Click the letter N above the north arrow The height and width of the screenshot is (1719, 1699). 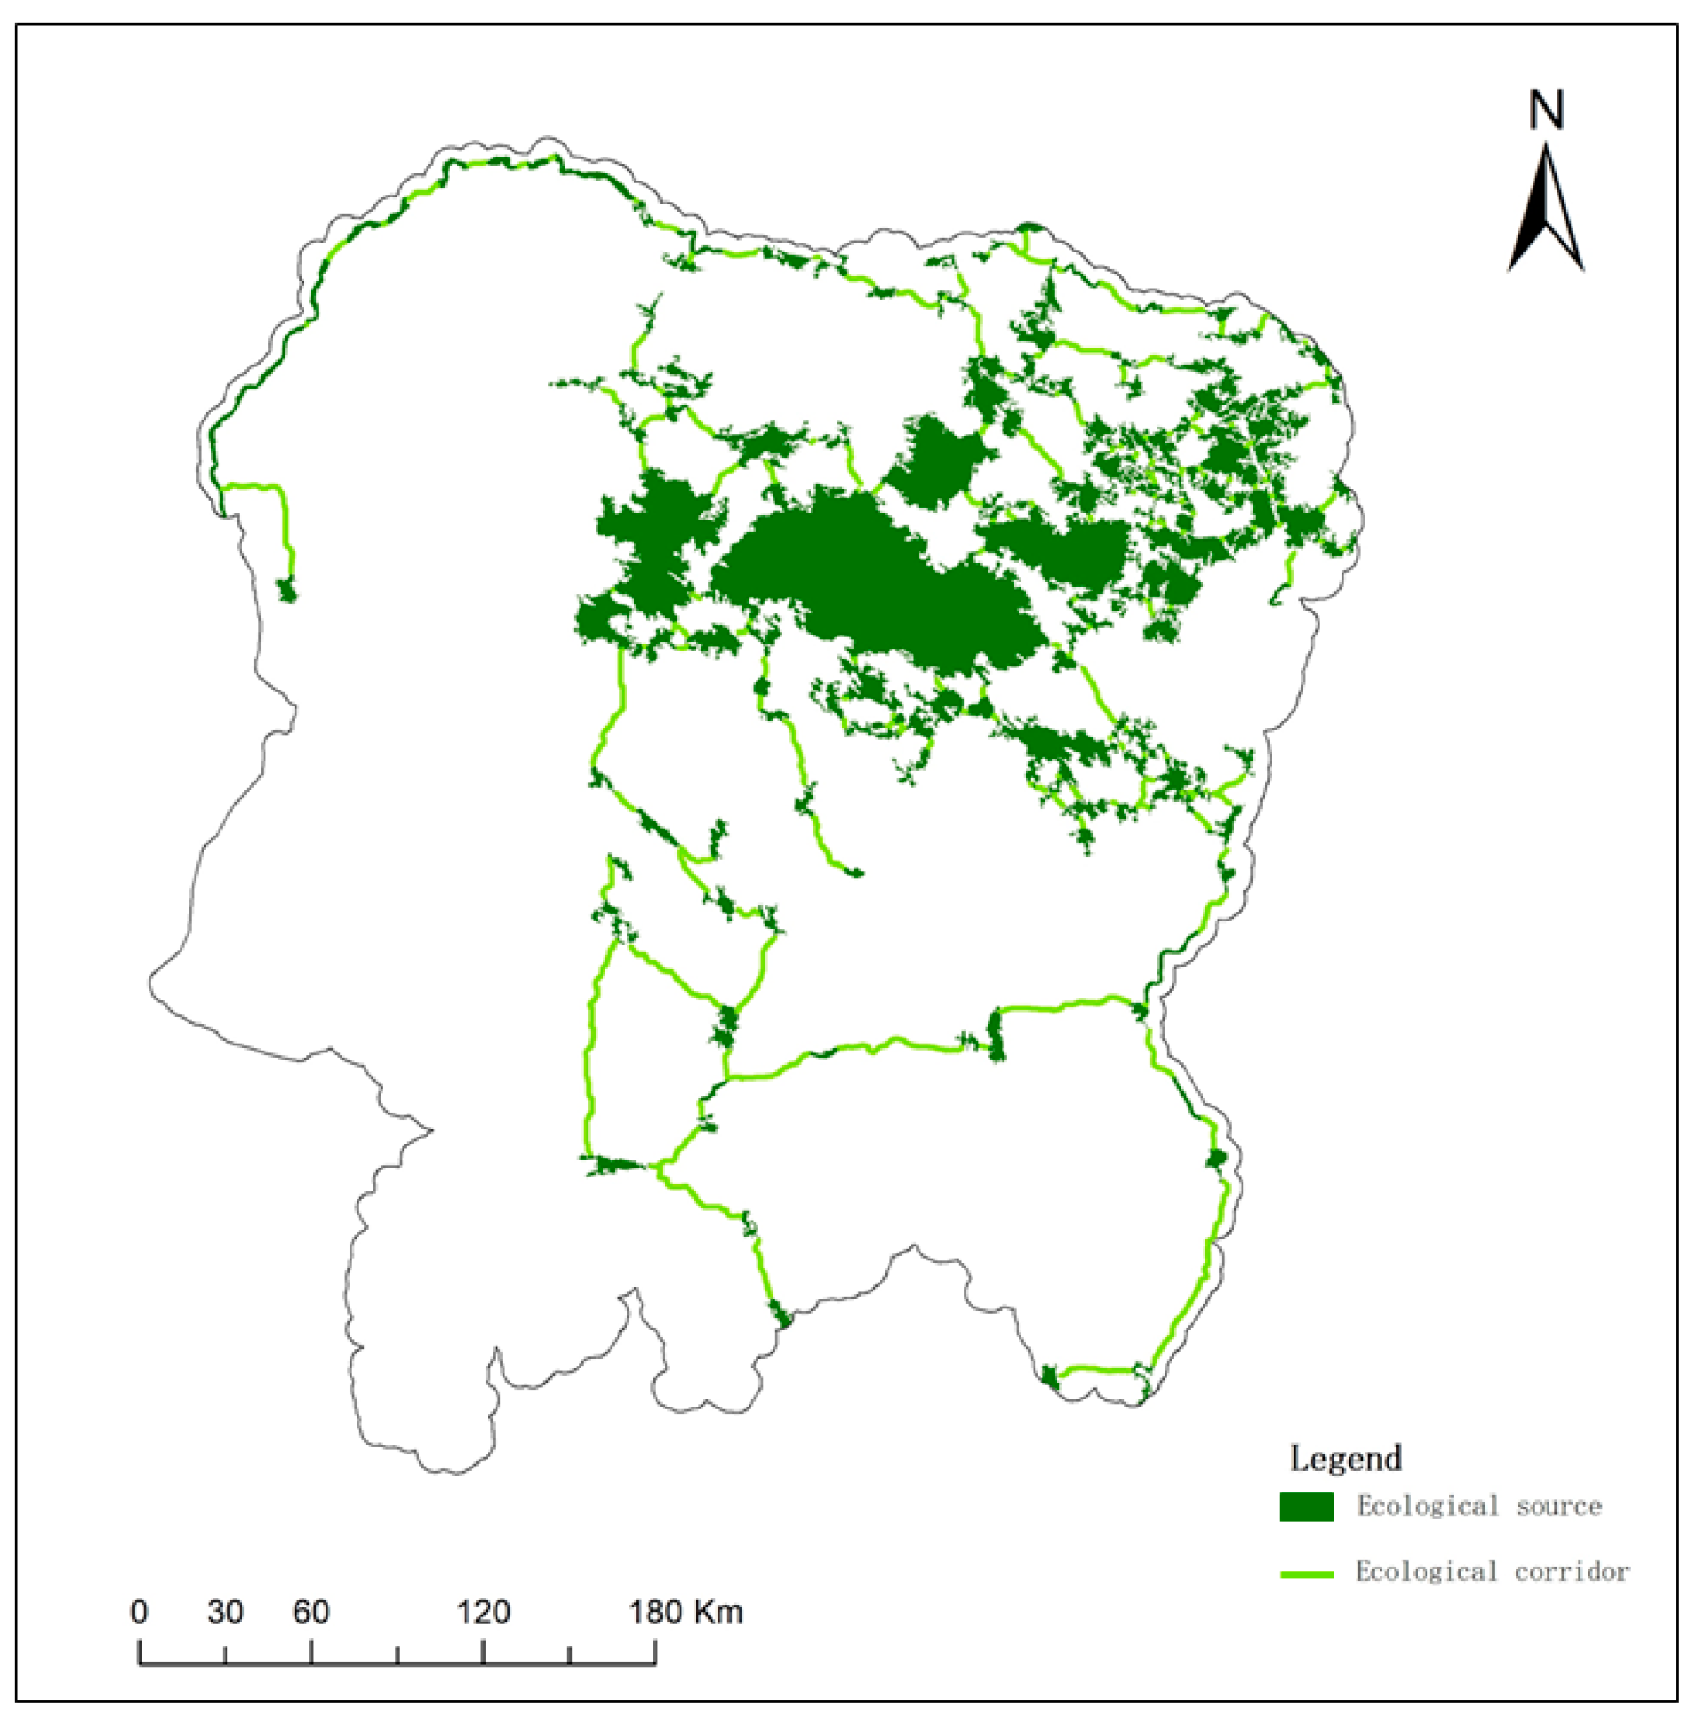tap(1546, 112)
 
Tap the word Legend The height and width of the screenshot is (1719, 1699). tap(1345, 1458)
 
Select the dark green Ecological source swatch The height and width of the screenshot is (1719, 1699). tap(1306, 1507)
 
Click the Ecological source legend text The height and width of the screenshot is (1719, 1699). tap(1479, 1507)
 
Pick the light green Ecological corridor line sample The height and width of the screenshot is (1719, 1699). tap(1306, 1575)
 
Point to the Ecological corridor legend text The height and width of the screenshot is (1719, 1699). tap(1492, 1572)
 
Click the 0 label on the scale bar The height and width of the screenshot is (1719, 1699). tap(140, 1611)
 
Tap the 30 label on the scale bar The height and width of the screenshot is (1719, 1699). tap(225, 1611)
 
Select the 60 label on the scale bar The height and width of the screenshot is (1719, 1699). tap(311, 1611)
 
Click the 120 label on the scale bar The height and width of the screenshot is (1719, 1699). tap(483, 1611)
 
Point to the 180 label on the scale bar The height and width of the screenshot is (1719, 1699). tap(656, 1611)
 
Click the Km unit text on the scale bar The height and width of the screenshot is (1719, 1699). tap(718, 1611)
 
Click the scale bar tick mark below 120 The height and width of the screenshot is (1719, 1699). tap(483, 1652)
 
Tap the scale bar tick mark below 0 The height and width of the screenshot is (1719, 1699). tap(140, 1652)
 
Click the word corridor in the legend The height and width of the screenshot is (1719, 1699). tap(1572, 1572)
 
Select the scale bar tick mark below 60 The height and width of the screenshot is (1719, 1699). tap(311, 1652)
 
